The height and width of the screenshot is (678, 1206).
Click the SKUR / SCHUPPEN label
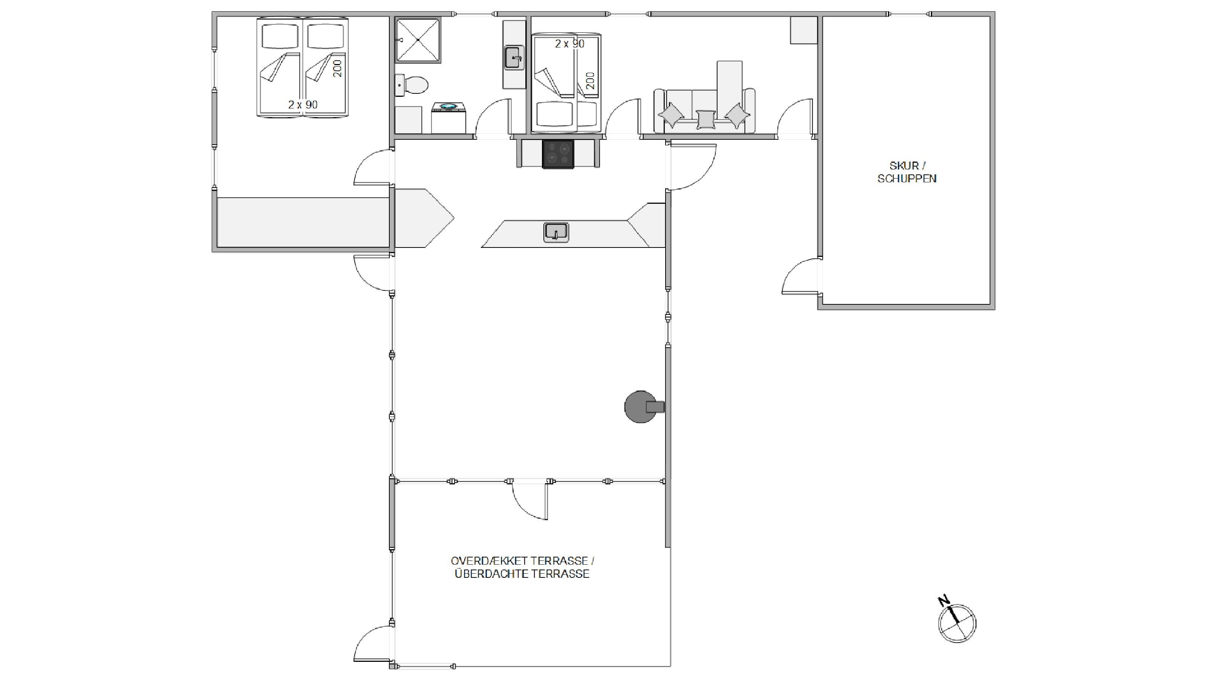pyautogui.click(x=907, y=172)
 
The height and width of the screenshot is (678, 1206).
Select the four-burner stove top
pyautogui.click(x=558, y=154)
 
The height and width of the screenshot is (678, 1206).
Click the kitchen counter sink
pyautogui.click(x=556, y=232)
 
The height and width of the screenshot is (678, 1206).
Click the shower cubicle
pyautogui.click(x=418, y=40)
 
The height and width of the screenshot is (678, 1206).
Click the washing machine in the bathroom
pyautogui.click(x=448, y=118)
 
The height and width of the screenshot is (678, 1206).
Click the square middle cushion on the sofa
pyautogui.click(x=706, y=120)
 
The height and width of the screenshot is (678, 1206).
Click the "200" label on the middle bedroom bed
pyautogui.click(x=590, y=81)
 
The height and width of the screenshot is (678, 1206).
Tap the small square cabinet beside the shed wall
pyautogui.click(x=803, y=31)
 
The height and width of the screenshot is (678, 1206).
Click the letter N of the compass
pyautogui.click(x=943, y=600)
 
